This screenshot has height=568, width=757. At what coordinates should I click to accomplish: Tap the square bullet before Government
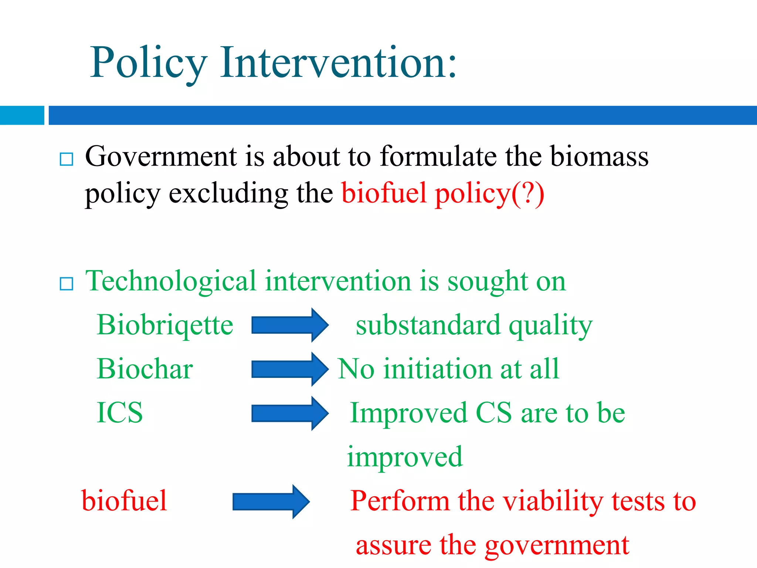(67, 159)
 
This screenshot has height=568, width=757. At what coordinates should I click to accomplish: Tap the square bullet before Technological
(67, 284)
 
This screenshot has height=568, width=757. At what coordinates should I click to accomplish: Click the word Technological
(171, 281)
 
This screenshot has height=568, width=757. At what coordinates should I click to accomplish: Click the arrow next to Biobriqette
(289, 325)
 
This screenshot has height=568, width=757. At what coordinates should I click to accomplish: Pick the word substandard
(428, 325)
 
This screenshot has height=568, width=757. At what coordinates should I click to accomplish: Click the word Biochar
(145, 369)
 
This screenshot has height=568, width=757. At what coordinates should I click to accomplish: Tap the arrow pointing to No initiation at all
(289, 369)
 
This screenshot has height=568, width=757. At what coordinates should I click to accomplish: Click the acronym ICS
(119, 413)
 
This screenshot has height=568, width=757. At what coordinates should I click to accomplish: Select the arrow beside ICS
(289, 413)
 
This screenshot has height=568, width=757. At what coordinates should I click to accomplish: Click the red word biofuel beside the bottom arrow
(124, 501)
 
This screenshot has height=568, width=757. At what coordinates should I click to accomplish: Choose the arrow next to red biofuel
(271, 501)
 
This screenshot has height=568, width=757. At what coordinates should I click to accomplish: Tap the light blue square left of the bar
(22, 115)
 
